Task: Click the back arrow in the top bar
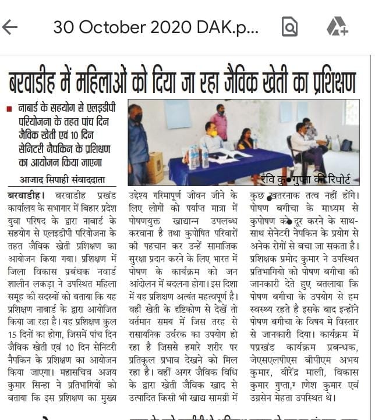pyautogui.click(x=10, y=27)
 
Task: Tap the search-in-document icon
pyautogui.click(x=289, y=27)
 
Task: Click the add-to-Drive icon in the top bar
pyautogui.click(x=337, y=27)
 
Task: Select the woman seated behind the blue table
pyautogui.click(x=245, y=140)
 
